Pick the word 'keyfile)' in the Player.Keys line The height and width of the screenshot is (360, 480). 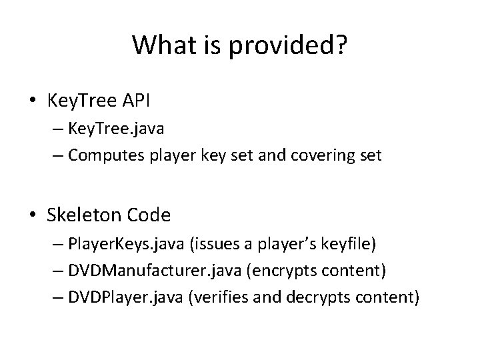click(x=349, y=245)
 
